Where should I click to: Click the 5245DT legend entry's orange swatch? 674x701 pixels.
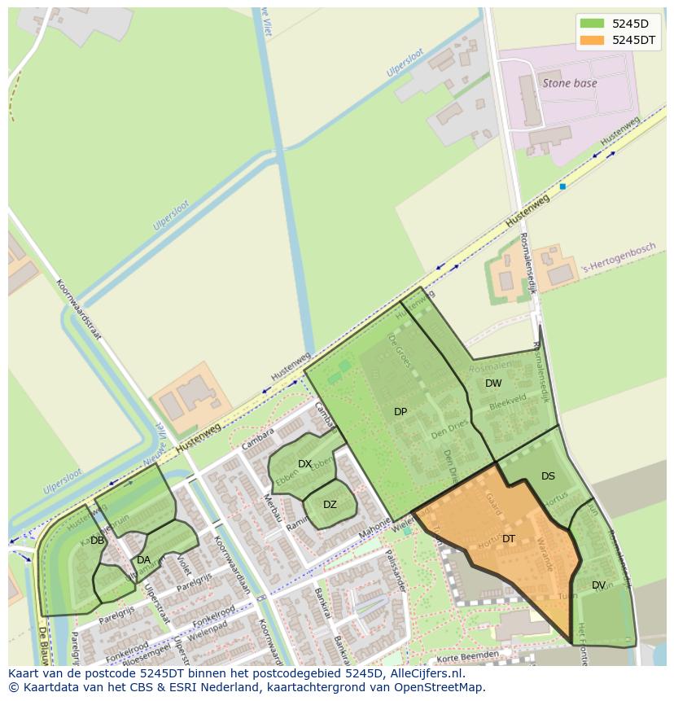pos(592,40)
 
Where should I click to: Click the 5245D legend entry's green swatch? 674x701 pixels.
pos(592,24)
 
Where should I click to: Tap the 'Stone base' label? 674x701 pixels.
pos(570,83)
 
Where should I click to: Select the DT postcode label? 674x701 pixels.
pos(509,539)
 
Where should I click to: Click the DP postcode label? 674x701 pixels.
pos(400,412)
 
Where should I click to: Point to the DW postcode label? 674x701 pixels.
pos(493,383)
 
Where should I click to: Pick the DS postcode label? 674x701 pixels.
pos(548,476)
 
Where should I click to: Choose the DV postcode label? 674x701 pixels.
pos(598,585)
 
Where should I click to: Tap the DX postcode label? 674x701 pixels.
pos(304,464)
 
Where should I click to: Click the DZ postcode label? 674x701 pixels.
pos(330,505)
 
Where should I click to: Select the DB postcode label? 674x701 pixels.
pos(97,541)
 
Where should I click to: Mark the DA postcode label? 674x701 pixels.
pos(143,560)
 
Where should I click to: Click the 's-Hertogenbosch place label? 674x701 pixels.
pos(618,259)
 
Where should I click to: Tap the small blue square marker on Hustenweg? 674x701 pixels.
pos(562,186)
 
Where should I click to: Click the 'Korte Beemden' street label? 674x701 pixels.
pos(466,655)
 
